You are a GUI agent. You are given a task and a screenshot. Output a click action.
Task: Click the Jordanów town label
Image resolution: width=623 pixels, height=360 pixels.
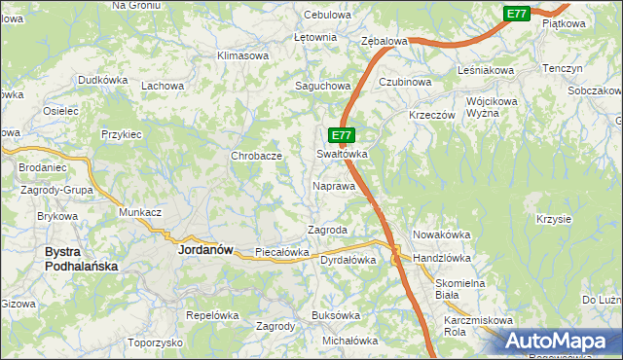pyautogui.click(x=206, y=249)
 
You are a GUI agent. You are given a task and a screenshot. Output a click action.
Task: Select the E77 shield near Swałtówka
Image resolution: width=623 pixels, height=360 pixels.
pyautogui.click(x=340, y=135)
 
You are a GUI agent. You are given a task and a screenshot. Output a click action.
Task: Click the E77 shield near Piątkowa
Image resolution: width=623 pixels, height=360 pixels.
pyautogui.click(x=516, y=14)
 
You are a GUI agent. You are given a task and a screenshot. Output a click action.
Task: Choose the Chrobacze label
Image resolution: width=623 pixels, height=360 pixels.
pyautogui.click(x=256, y=156)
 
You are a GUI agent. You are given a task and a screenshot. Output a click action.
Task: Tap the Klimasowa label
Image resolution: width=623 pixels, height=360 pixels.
pyautogui.click(x=243, y=55)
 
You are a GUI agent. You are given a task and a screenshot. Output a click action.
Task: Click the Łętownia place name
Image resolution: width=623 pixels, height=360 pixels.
pyautogui.click(x=315, y=37)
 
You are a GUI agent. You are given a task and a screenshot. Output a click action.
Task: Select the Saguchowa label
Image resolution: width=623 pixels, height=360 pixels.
pyautogui.click(x=323, y=86)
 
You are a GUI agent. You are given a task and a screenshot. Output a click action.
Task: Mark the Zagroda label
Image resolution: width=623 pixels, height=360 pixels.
pyautogui.click(x=327, y=230)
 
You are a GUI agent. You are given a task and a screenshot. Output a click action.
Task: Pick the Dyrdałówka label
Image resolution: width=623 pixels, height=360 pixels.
pyautogui.click(x=348, y=260)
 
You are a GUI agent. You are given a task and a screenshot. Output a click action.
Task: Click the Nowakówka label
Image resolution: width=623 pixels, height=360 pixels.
pyautogui.click(x=442, y=234)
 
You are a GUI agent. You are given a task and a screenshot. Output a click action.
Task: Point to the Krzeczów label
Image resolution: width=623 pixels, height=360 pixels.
pyautogui.click(x=432, y=114)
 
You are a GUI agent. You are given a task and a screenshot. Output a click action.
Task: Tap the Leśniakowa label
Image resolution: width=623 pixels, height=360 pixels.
pyautogui.click(x=486, y=71)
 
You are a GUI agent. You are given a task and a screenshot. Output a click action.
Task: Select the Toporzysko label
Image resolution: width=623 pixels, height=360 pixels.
pyautogui.click(x=155, y=342)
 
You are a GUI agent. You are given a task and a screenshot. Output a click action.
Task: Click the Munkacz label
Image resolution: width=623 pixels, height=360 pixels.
pyautogui.click(x=139, y=211)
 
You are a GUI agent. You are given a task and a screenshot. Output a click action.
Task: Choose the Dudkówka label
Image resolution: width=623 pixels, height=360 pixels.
pyautogui.click(x=103, y=80)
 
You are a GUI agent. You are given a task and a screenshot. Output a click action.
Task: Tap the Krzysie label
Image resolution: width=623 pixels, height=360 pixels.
pyautogui.click(x=553, y=219)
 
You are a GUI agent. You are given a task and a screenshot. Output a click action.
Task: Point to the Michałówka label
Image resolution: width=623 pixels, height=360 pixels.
pyautogui.click(x=349, y=341)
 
